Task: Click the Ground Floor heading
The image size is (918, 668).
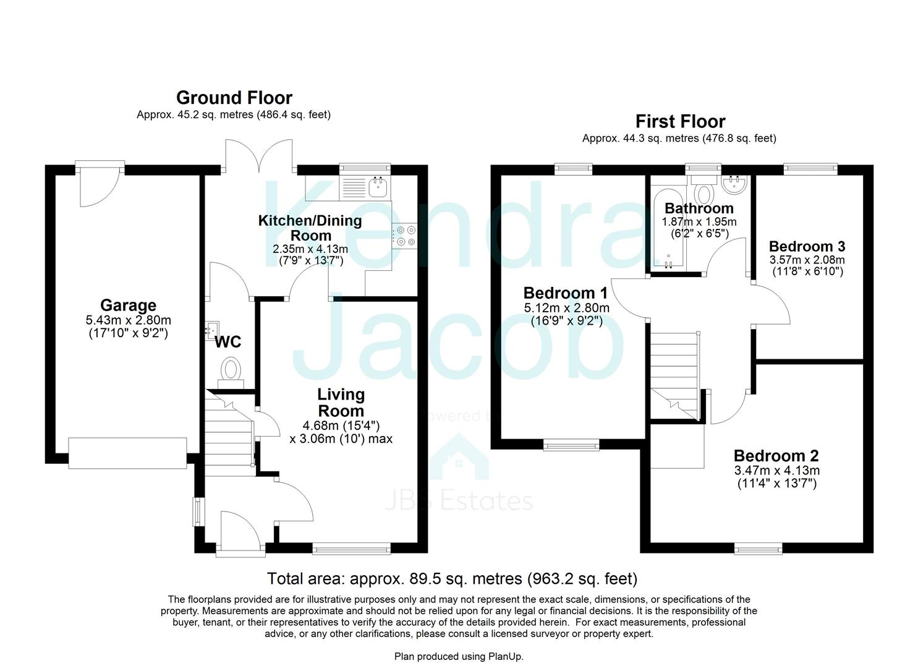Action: click(x=234, y=98)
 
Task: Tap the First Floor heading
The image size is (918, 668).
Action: click(x=680, y=122)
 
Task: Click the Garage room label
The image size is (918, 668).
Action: click(x=129, y=305)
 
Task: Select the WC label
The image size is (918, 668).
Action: click(x=228, y=342)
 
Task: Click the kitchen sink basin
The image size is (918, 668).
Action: click(x=378, y=187)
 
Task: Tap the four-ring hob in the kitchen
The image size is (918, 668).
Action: click(x=405, y=236)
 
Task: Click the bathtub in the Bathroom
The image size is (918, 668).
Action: click(x=668, y=228)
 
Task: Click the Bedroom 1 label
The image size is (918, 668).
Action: click(x=566, y=293)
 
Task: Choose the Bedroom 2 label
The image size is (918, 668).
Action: click(x=776, y=456)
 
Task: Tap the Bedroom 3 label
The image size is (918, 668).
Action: click(x=807, y=246)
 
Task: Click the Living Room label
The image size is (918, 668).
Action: click(x=341, y=402)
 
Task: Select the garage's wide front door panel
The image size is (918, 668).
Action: click(x=127, y=453)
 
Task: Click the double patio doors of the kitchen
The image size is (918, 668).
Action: click(x=259, y=156)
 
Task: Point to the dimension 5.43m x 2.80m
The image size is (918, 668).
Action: click(x=129, y=320)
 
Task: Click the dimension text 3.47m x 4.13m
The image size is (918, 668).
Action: click(x=777, y=470)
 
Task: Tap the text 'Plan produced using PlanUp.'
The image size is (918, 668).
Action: click(x=459, y=656)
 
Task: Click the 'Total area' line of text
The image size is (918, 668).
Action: click(x=453, y=578)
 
